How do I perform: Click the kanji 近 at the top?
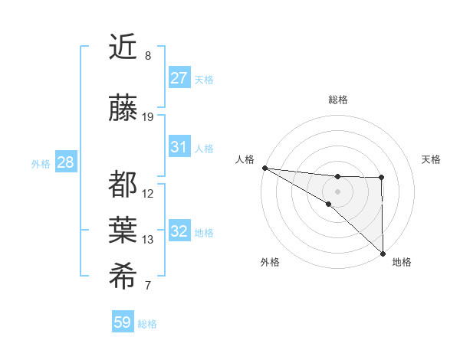coord(123,48)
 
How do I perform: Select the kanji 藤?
coord(123,110)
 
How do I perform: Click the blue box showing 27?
coord(179,78)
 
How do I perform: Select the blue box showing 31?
coord(179,147)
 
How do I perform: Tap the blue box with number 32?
coord(179,232)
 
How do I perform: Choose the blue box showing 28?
coord(65,162)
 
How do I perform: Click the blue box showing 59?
coord(123,323)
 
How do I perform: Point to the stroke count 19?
coord(148,117)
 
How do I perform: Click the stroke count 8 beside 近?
coord(148,56)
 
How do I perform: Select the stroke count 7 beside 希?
coord(148,286)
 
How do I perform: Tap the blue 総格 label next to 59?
coord(148,324)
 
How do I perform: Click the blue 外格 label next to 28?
coord(41,163)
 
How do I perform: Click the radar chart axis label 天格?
coord(431,159)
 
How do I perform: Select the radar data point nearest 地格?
coord(383,254)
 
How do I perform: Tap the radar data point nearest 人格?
coord(264,168)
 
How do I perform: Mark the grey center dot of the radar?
coord(337,190)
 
